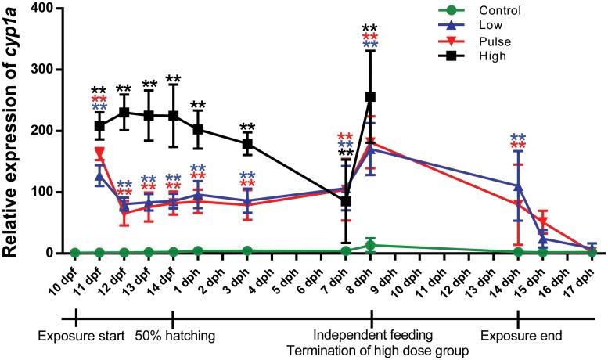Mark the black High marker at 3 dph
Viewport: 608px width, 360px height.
[x=247, y=143]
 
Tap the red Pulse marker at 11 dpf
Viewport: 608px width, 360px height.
[x=99, y=153]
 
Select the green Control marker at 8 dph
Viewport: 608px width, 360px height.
[x=370, y=245]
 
